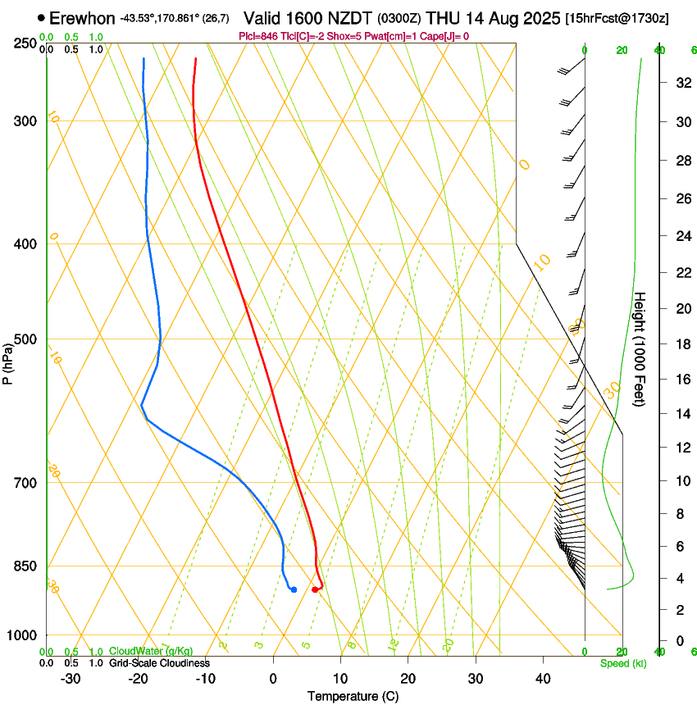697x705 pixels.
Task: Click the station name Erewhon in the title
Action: [x=82, y=18]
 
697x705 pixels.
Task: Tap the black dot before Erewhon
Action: [x=41, y=17]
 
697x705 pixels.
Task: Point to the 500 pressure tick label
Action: [x=25, y=339]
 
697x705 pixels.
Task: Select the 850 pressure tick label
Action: [x=25, y=566]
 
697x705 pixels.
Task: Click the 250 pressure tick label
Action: [x=25, y=43]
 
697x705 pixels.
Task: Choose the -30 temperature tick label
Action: [x=71, y=679]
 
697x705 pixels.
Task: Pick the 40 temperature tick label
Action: [x=542, y=679]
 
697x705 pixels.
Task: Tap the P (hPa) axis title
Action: [x=7, y=361]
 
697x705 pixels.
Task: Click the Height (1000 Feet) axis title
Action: [x=640, y=349]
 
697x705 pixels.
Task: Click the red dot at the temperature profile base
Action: [x=315, y=589]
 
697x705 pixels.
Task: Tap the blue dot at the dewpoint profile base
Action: [x=294, y=589]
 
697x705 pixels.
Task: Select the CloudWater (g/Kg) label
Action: [x=152, y=652]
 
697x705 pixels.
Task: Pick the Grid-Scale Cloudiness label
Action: [x=159, y=662]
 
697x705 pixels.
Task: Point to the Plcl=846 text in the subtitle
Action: [x=258, y=36]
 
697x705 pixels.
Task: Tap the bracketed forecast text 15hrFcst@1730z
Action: [x=617, y=18]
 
